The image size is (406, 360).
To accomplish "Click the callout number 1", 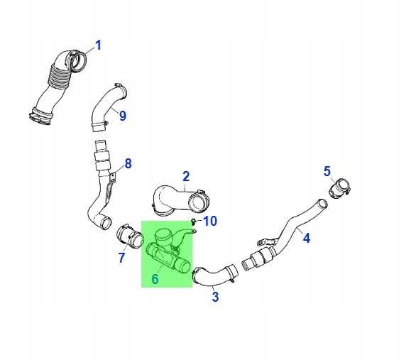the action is point(98,45).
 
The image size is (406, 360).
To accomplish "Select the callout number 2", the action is point(186,176).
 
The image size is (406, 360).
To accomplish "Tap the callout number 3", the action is point(215,297).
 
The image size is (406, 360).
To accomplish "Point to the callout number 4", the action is point(307,238).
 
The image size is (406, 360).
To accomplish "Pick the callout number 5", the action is point(327,171).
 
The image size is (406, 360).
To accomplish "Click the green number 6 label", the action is point(155,279).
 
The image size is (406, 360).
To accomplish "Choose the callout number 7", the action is point(121,258).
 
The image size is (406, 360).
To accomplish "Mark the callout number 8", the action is point(128,164).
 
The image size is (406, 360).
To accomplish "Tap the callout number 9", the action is point(123,116).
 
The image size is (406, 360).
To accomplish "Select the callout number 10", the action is point(210,221).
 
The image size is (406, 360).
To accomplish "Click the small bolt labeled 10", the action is point(193,222).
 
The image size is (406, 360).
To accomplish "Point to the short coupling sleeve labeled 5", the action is point(340,189).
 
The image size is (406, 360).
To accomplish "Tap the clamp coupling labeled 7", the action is point(129,236).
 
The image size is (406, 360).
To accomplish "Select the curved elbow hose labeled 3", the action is point(215,276).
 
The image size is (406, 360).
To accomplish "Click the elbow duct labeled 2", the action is point(181,200).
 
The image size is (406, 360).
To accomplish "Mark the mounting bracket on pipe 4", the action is point(268,241).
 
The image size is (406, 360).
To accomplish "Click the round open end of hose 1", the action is point(79,61).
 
